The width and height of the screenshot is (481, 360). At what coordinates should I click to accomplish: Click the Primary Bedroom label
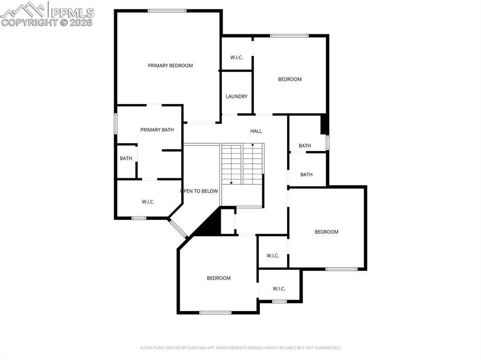coord(170,66)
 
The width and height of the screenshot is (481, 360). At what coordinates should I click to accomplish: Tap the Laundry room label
coord(236,97)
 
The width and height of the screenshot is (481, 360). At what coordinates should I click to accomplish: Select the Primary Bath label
coord(157,130)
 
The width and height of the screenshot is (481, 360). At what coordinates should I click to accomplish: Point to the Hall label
coord(256,131)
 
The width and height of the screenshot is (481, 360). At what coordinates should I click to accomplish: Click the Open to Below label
coord(199,191)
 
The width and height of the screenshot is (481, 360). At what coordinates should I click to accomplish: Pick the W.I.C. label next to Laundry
coord(236,58)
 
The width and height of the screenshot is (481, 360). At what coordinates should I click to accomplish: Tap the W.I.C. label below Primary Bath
coord(148,202)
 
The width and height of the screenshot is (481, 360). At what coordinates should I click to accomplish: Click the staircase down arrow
coord(231,182)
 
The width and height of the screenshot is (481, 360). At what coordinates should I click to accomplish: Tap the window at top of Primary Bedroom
coord(167,11)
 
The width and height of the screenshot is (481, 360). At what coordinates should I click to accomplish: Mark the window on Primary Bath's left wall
coord(116,124)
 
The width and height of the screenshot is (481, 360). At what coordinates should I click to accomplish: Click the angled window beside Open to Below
coord(178,228)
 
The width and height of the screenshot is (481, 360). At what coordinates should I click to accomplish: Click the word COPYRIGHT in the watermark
coord(29,22)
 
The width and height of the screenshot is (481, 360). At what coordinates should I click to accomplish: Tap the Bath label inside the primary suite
coord(126,159)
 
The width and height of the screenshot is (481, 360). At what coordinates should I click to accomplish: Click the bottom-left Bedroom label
coord(219,278)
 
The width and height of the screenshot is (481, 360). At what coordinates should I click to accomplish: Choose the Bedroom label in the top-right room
coord(290,79)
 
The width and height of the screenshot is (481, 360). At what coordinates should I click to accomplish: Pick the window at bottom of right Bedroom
coord(341,269)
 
